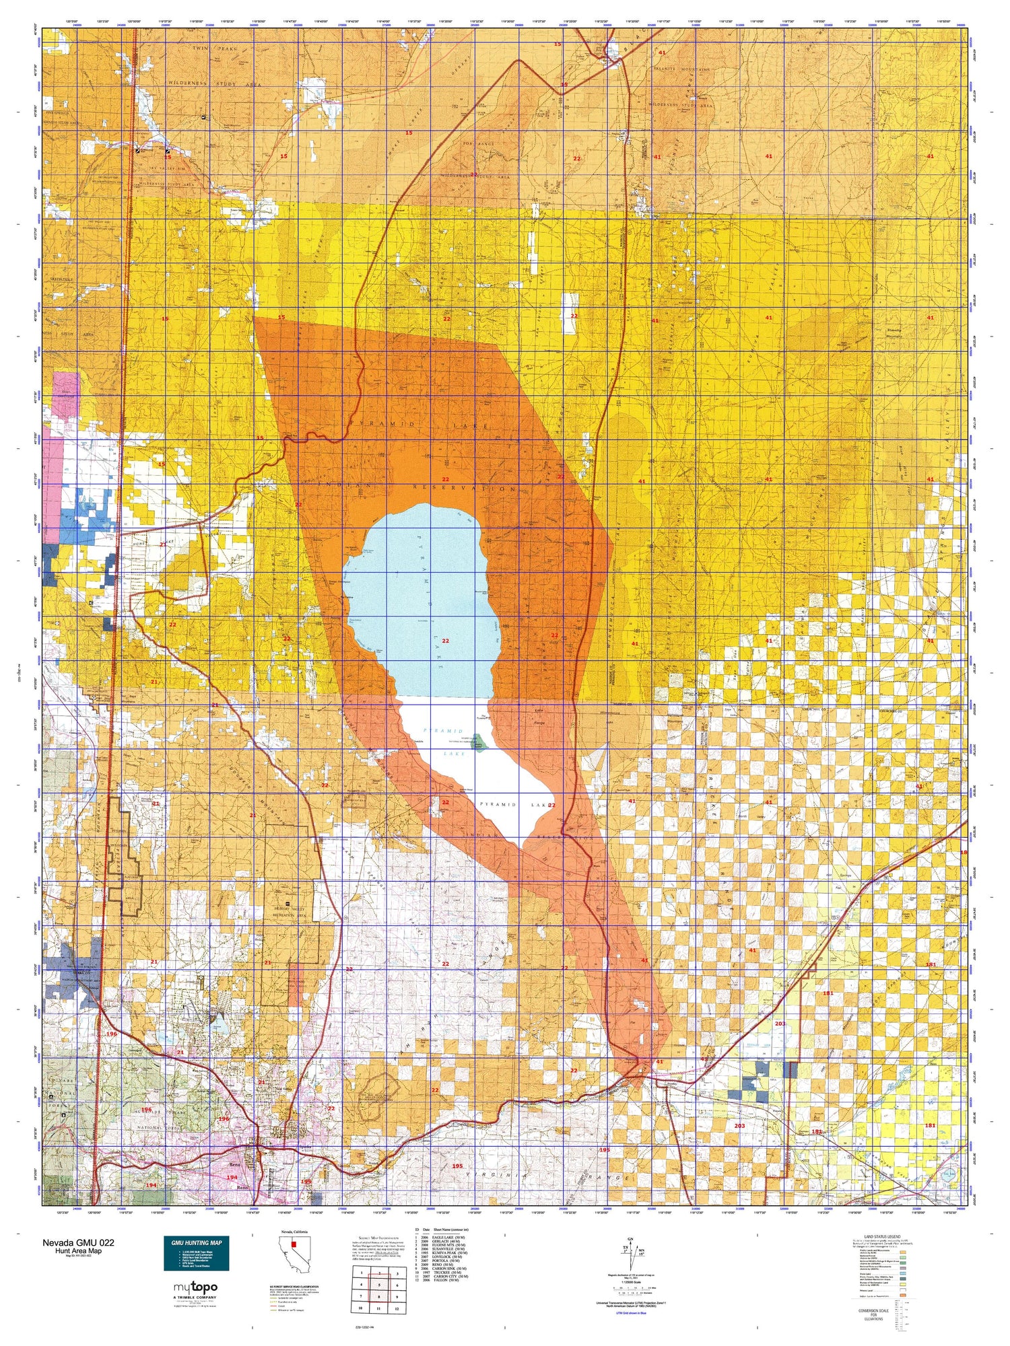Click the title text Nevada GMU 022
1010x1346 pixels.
(78, 1242)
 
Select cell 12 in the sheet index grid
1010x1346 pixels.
(397, 1308)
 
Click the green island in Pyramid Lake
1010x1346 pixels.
(479, 745)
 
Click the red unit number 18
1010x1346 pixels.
(963, 853)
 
